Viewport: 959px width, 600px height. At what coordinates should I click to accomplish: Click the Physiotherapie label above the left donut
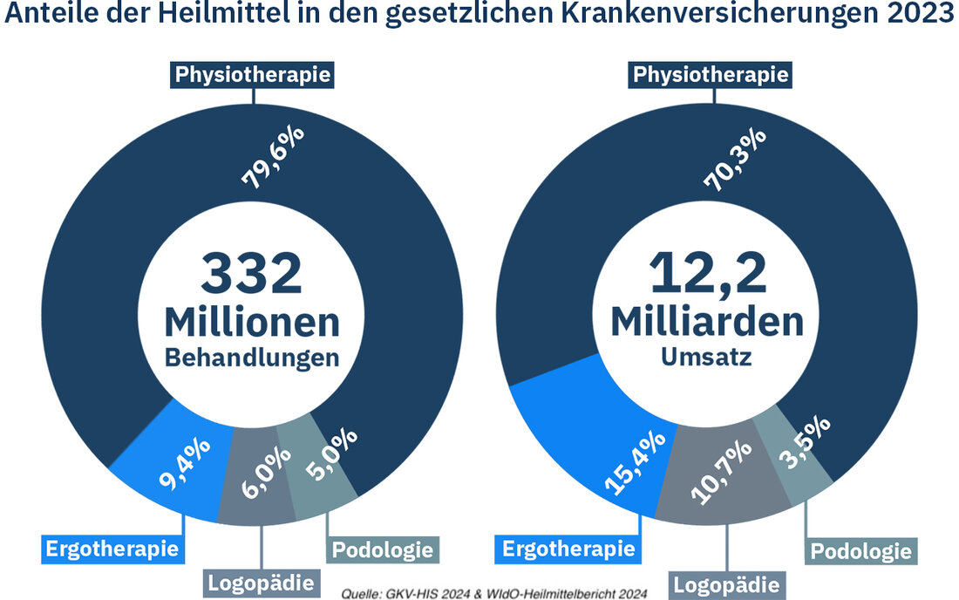coord(253,74)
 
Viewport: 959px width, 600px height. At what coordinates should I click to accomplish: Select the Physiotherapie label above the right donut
coord(710,75)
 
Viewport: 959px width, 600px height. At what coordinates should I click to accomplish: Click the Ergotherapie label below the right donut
coord(568,549)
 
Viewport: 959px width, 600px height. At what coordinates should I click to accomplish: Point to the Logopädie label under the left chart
coord(259,581)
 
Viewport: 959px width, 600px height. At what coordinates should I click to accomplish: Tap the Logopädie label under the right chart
coord(725,583)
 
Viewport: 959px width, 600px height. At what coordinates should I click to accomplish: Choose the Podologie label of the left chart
coord(382,549)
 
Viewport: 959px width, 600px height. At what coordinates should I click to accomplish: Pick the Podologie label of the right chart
coord(860,551)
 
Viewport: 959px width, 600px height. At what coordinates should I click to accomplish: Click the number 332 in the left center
coord(252,274)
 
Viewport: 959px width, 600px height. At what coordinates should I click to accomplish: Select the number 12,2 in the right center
coord(707,274)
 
